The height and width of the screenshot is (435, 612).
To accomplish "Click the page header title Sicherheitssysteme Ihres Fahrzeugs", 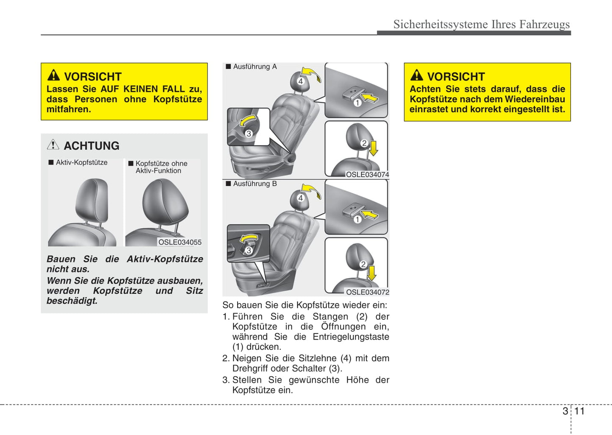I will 481,24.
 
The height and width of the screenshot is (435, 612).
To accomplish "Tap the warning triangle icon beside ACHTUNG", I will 53,145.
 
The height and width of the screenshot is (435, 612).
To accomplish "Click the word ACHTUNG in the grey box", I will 91,146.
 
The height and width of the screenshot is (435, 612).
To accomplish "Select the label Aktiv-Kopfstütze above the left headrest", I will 81,162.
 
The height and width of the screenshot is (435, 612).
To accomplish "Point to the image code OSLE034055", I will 180,242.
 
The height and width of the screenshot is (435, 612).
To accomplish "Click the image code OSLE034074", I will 367,174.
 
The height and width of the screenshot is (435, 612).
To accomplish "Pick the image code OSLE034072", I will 367,292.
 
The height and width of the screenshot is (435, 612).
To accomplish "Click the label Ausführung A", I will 255,67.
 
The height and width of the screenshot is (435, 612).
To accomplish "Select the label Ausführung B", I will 255,184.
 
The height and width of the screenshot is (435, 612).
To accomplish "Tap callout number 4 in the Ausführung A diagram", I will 300,81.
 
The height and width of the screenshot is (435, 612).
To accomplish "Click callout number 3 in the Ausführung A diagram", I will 249,134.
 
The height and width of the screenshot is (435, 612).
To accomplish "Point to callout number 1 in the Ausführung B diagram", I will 357,219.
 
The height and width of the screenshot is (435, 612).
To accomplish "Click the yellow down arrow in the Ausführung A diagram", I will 374,148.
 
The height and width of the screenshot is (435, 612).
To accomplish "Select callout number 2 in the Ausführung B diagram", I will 363,264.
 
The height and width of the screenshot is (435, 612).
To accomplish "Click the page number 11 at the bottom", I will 579,411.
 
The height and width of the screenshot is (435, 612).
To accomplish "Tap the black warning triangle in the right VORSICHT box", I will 417,75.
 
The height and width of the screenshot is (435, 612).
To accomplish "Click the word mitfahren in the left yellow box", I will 68,109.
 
